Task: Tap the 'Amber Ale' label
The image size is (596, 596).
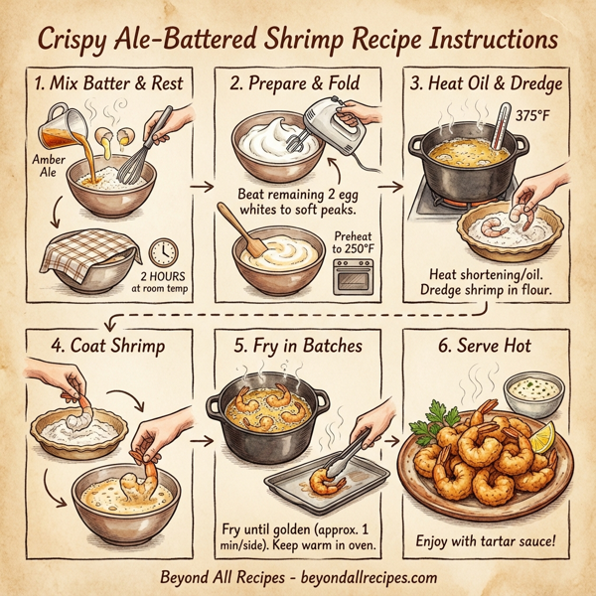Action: (x=48, y=165)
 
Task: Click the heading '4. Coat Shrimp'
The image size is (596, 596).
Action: (x=97, y=348)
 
